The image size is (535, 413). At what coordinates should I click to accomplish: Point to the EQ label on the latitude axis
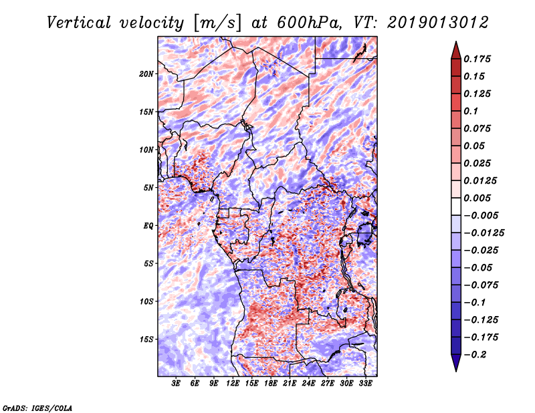(x=148, y=226)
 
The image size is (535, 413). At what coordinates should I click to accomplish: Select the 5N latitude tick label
(x=149, y=188)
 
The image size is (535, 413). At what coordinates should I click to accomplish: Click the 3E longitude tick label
(x=177, y=384)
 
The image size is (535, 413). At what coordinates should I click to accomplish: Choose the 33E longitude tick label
(x=366, y=384)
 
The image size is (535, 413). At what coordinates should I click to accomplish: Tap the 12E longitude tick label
(x=233, y=384)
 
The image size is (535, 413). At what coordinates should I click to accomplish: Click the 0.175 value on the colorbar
(x=478, y=59)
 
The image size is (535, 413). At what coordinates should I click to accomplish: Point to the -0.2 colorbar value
(x=475, y=355)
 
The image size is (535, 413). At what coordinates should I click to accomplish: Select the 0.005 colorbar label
(x=478, y=198)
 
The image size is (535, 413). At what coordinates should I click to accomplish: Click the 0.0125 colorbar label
(x=481, y=181)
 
